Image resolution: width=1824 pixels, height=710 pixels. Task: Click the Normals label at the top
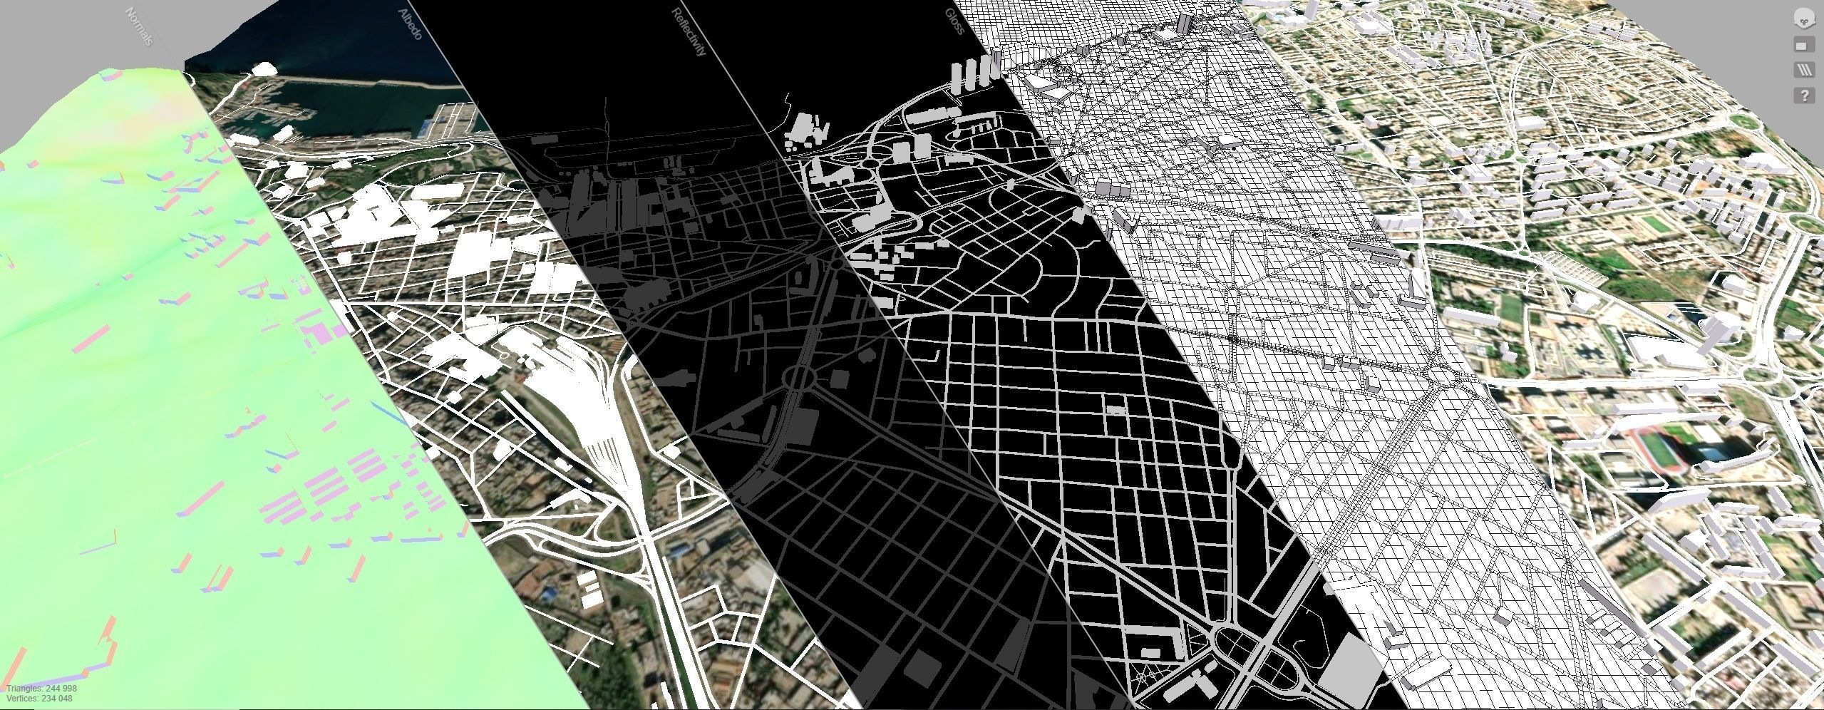point(139,26)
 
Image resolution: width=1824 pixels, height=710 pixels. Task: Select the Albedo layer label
point(411,24)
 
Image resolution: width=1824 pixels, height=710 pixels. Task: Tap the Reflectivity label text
point(689,32)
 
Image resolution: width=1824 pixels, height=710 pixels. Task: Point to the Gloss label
point(954,22)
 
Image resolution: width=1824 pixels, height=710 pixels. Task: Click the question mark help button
point(1804,95)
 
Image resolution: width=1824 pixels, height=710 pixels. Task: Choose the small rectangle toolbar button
point(1803,46)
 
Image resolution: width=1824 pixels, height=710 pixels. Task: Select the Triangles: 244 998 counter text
point(42,689)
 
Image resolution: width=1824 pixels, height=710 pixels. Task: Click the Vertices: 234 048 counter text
point(40,699)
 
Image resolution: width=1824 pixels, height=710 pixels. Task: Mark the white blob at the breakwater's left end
point(264,68)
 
